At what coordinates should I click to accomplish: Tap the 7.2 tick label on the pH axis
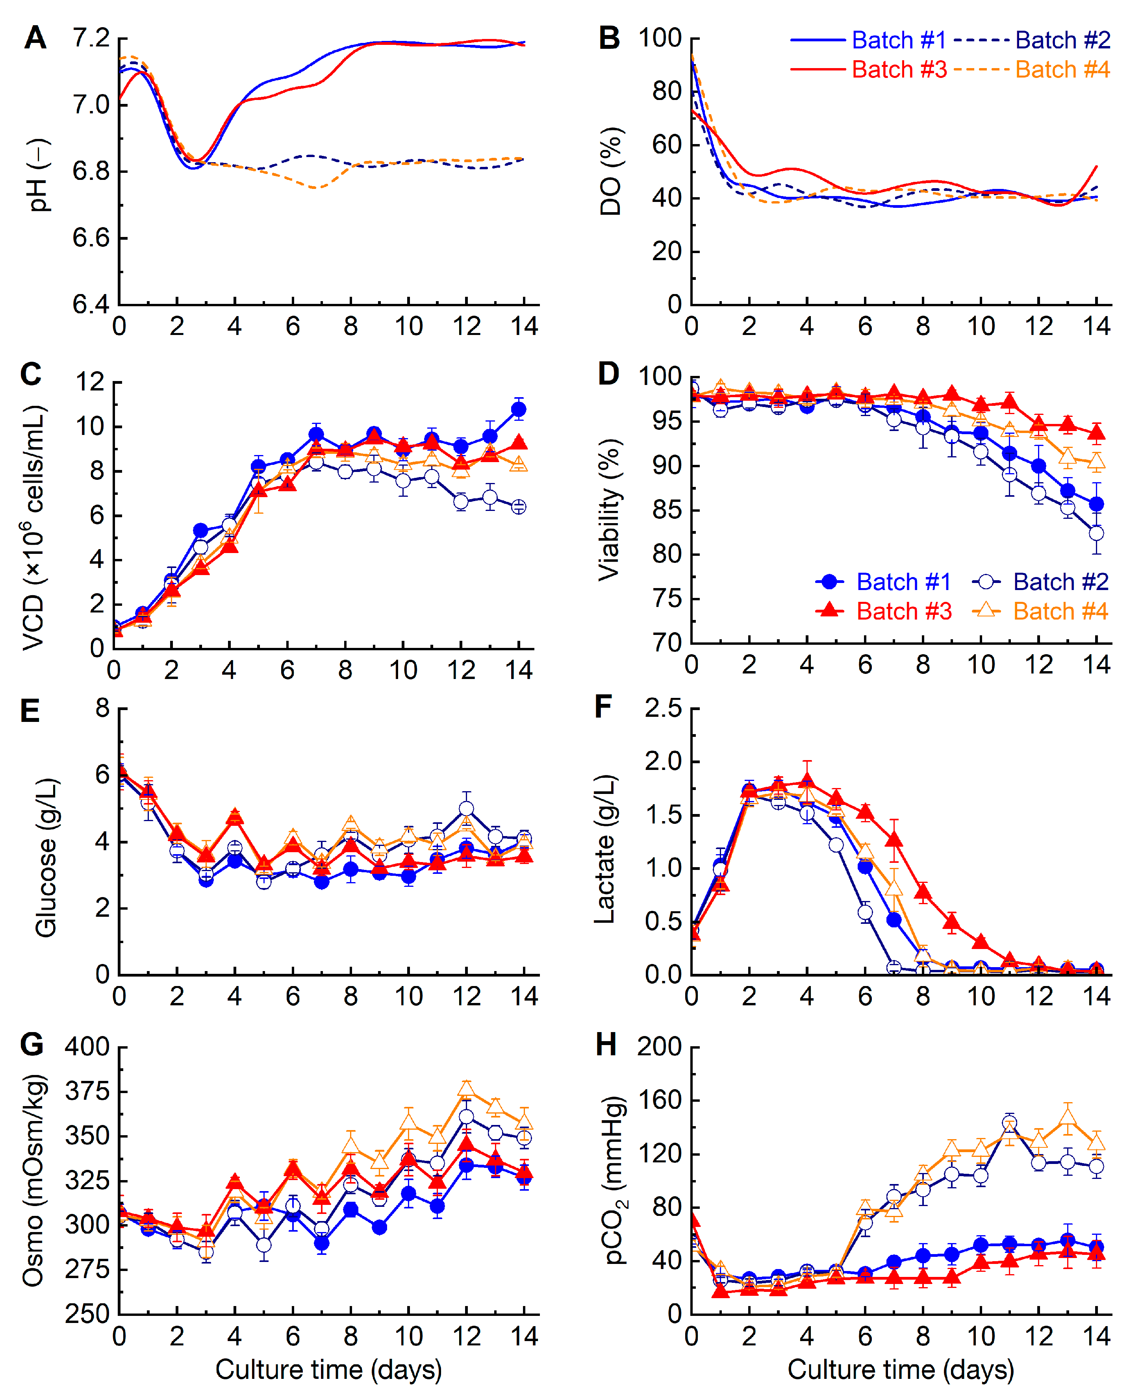[x=91, y=38]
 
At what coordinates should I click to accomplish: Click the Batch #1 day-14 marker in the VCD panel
[x=518, y=409]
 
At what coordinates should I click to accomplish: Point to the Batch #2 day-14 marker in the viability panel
[x=1096, y=533]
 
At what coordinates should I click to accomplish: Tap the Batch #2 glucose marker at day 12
[x=466, y=809]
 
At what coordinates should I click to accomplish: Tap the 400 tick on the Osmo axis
[x=87, y=1047]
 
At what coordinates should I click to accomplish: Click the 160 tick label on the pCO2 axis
[x=659, y=1100]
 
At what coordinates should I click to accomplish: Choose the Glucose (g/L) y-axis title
[x=46, y=858]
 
